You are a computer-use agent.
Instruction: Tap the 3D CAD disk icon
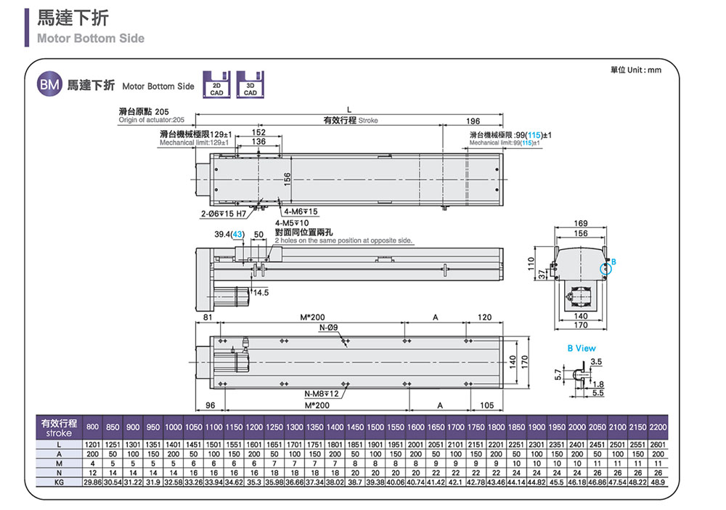[x=250, y=84]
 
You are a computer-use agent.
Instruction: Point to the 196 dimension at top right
[x=473, y=121]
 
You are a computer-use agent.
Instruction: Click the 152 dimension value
[x=257, y=132]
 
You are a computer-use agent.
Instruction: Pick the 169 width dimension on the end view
[x=580, y=222]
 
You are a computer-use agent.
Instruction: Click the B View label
[x=582, y=349]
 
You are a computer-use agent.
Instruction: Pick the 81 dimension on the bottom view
[x=208, y=317]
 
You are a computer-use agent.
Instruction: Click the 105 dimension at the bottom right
[x=486, y=405]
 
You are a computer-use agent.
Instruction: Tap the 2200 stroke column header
[x=658, y=426]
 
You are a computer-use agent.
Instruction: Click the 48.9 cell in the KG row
[x=658, y=481]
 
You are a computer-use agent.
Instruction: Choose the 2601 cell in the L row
[x=658, y=444]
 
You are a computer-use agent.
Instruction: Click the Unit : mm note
[x=636, y=70]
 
